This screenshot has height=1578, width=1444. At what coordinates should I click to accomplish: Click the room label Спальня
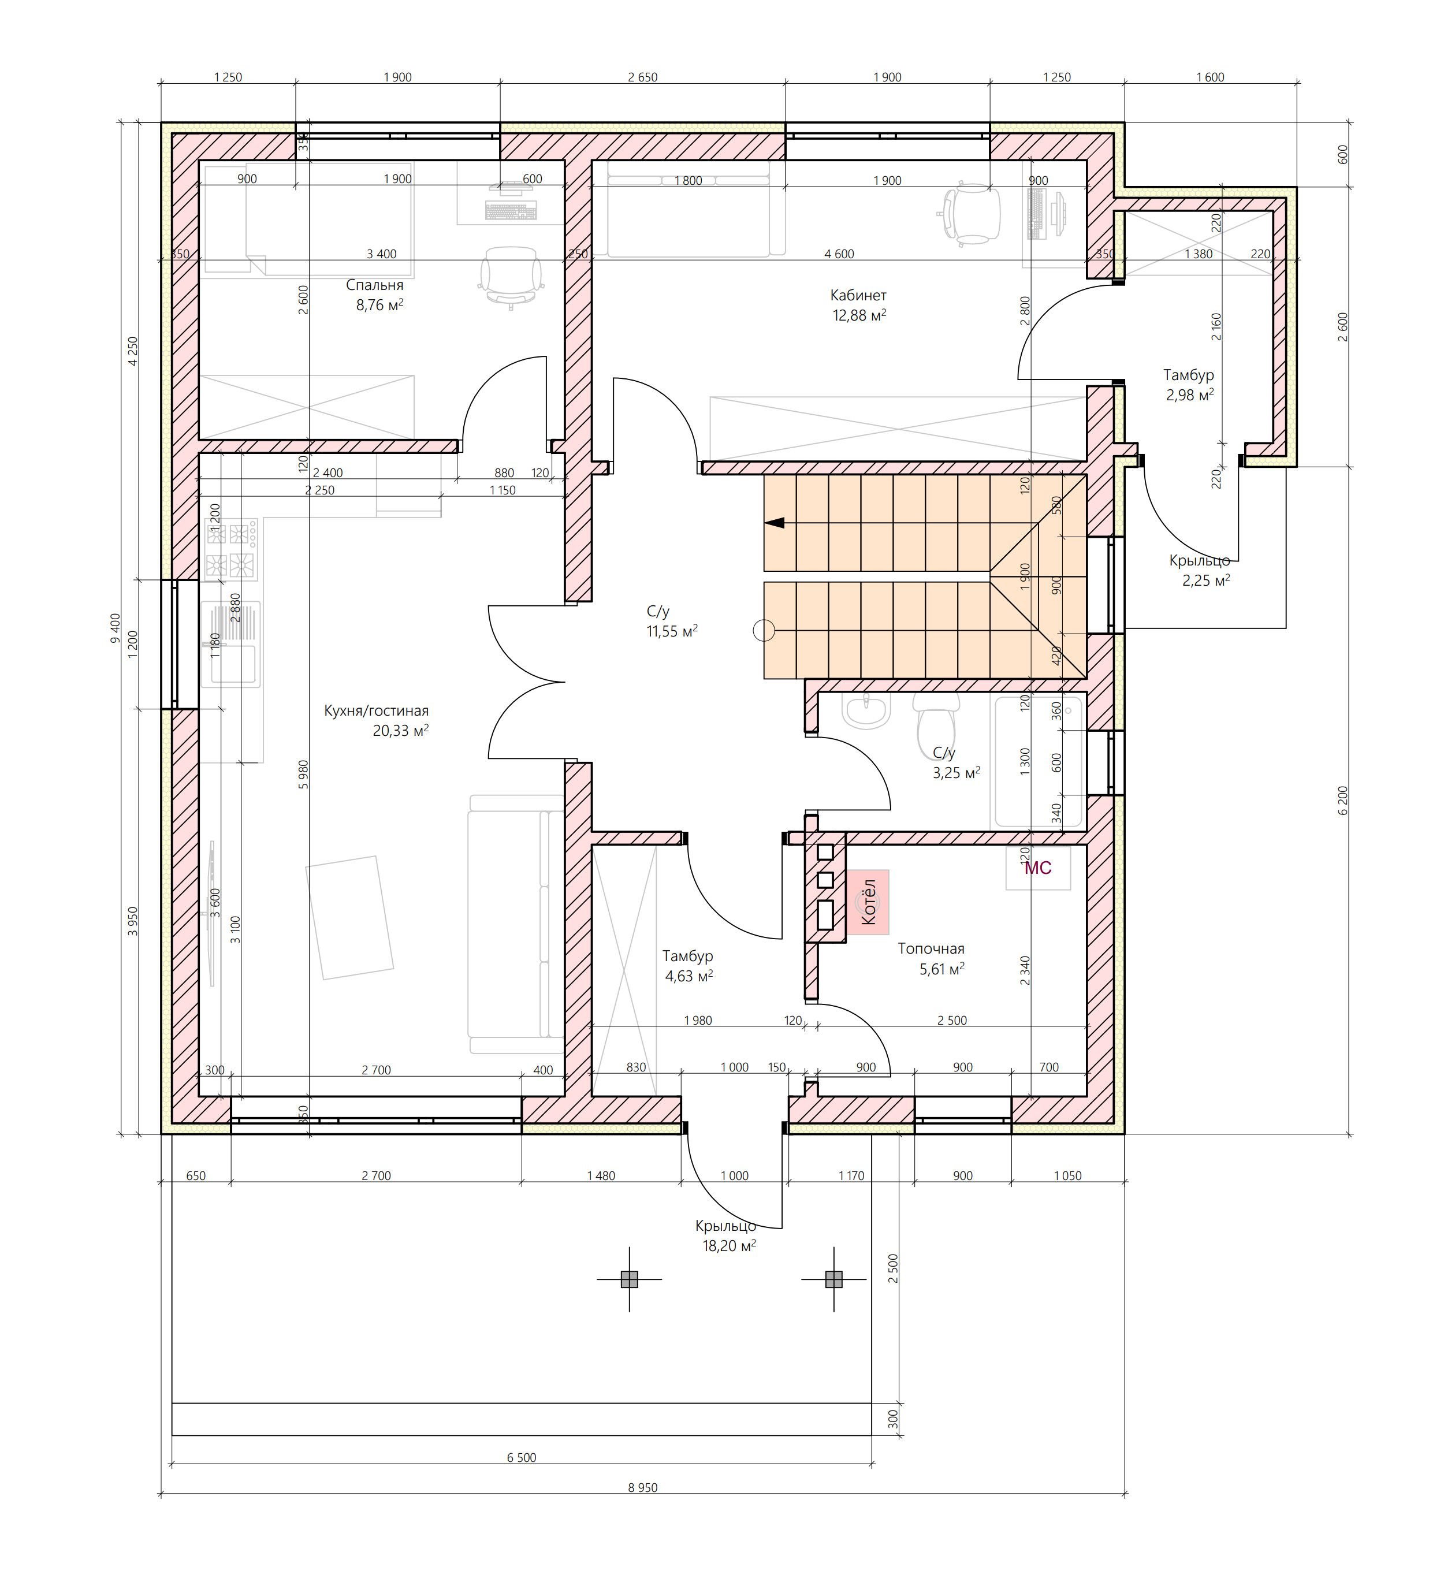coord(374,286)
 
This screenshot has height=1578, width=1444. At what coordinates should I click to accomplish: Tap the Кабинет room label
coord(858,296)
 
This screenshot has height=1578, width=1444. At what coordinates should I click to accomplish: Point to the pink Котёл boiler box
coord(867,902)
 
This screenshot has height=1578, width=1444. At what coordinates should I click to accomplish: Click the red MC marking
coord(1038,868)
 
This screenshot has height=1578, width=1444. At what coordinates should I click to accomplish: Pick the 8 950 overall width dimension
coord(642,1487)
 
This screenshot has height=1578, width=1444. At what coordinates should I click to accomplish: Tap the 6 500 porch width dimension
coord(521,1457)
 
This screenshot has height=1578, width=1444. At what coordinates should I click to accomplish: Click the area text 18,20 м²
coord(729,1246)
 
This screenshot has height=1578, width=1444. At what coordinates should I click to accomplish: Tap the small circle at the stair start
coord(763,630)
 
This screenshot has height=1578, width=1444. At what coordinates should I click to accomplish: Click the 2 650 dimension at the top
coord(642,77)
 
